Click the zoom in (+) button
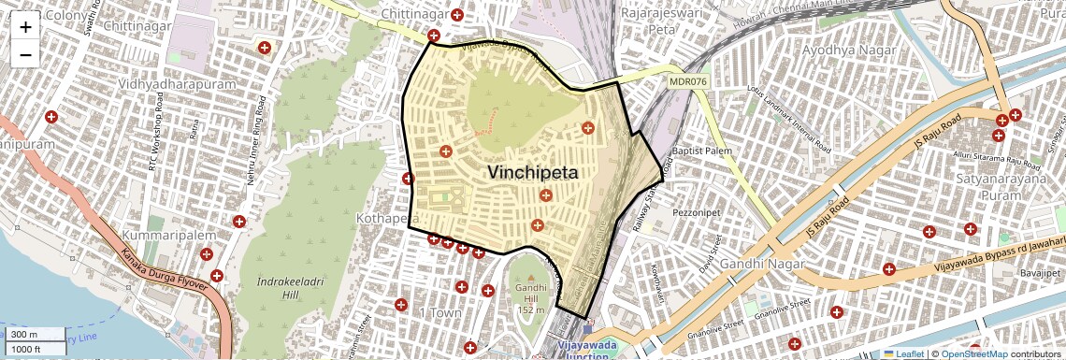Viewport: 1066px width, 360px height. click(25, 27)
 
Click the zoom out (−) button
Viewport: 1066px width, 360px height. click(25, 54)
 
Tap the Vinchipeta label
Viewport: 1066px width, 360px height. click(532, 173)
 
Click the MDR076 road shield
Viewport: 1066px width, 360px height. click(688, 81)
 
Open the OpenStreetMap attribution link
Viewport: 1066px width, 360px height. click(974, 353)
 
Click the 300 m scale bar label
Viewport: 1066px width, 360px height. click(24, 335)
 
